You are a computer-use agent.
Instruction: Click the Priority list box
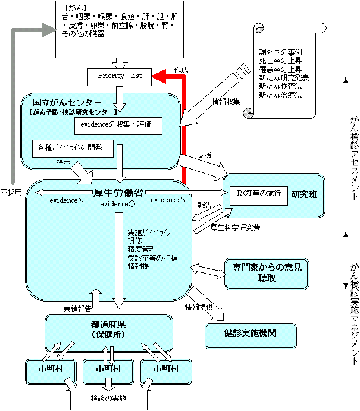click(118, 76)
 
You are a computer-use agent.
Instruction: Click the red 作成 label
click(181, 70)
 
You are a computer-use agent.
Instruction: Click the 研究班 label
click(305, 194)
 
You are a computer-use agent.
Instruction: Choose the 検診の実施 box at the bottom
click(108, 397)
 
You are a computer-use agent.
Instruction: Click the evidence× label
click(66, 201)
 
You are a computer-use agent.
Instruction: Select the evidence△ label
click(168, 200)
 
